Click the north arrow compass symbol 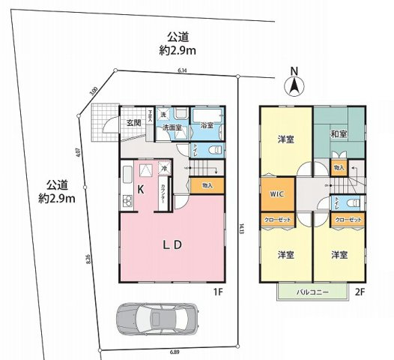click(x=294, y=82)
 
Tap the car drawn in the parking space click(x=157, y=318)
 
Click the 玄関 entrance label click(x=133, y=122)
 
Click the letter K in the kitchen click(x=139, y=190)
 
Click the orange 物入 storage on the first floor click(x=207, y=185)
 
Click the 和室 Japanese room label click(x=338, y=135)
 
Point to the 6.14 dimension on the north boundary click(x=182, y=70)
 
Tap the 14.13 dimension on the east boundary click(x=242, y=227)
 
